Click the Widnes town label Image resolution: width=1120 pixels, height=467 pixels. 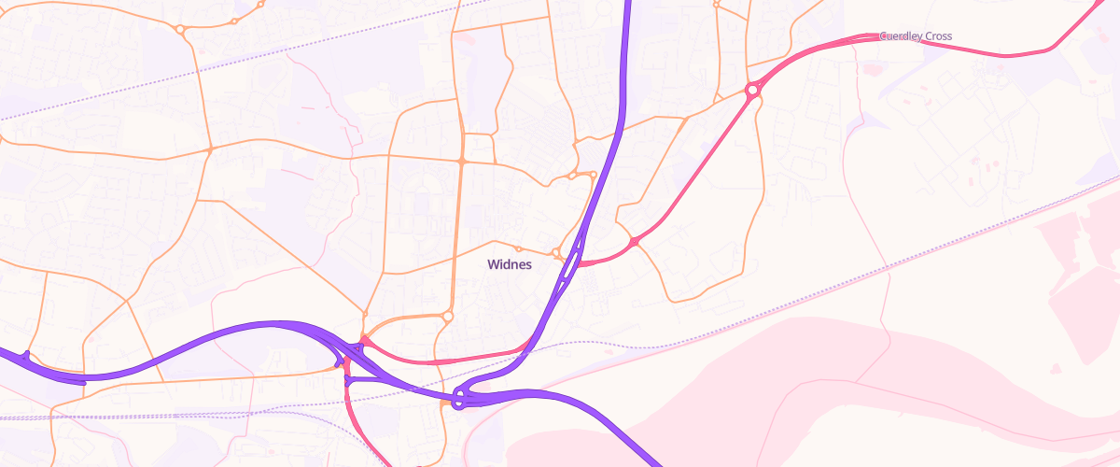point(510,264)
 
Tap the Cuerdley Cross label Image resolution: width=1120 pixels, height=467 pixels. point(916,36)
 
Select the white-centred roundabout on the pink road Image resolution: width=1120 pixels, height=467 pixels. point(751,91)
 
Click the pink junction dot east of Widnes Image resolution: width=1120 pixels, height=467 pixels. point(634,242)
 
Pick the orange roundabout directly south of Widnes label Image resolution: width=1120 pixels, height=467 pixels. point(448,318)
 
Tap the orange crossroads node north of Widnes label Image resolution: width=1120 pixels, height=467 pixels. point(461,162)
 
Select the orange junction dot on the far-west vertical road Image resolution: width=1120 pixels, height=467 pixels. point(211,149)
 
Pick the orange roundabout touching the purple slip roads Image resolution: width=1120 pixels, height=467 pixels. point(556,253)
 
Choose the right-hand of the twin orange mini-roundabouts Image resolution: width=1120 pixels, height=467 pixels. point(593,174)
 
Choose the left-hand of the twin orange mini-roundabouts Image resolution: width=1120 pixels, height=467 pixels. point(572,176)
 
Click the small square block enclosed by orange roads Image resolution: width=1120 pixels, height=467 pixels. point(478,149)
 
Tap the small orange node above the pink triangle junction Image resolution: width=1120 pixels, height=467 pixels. point(366,312)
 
